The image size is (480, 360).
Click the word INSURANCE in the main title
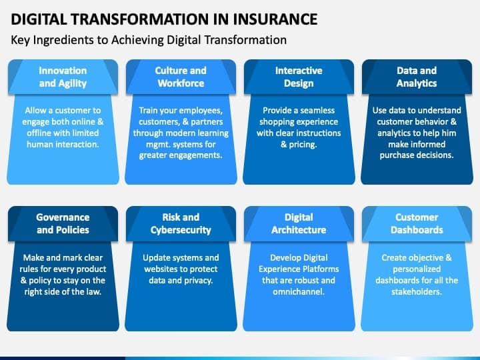click(x=275, y=19)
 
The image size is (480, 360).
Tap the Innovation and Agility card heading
click(x=63, y=77)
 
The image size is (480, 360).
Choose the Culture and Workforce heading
click(x=181, y=77)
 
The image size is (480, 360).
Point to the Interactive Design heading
click(x=299, y=77)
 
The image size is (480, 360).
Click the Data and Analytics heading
click(x=417, y=77)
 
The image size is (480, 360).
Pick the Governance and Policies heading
click(x=63, y=223)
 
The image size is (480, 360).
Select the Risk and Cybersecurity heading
click(x=181, y=223)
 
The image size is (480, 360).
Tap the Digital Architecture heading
click(x=299, y=223)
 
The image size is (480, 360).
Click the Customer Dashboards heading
click(x=417, y=223)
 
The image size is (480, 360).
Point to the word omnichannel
click(x=299, y=292)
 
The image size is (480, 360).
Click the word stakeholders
click(x=417, y=292)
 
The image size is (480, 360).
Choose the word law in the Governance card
click(x=94, y=292)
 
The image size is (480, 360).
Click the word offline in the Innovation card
click(x=38, y=133)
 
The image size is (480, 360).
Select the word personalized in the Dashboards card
click(x=417, y=269)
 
